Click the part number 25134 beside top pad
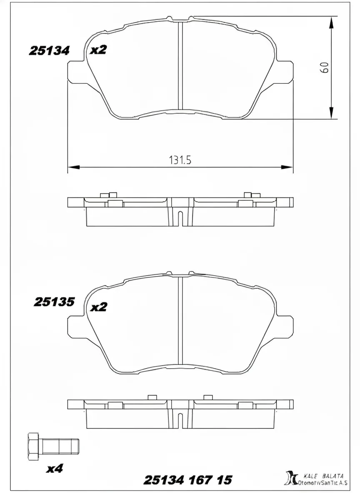point(49,50)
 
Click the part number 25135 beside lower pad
point(54,301)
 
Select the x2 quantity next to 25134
point(99,50)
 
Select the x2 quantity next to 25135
point(99,307)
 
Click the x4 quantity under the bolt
point(54,469)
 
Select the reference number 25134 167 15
point(187,480)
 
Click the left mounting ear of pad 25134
point(77,71)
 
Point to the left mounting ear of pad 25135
point(77,326)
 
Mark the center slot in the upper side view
point(180,218)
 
